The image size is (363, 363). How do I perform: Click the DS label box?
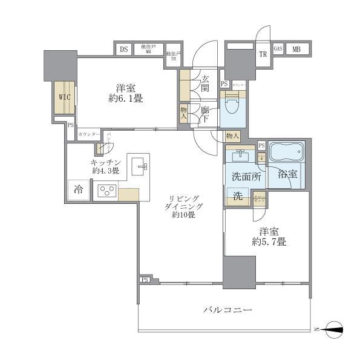[x=123, y=50]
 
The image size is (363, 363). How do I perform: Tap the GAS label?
[x=278, y=49]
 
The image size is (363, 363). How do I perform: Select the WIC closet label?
[x=64, y=97]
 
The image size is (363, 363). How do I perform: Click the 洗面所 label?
[x=244, y=178]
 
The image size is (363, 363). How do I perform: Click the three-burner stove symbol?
[x=107, y=192]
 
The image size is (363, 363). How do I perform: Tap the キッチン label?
[x=105, y=162]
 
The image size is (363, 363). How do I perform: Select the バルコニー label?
[x=227, y=310]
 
